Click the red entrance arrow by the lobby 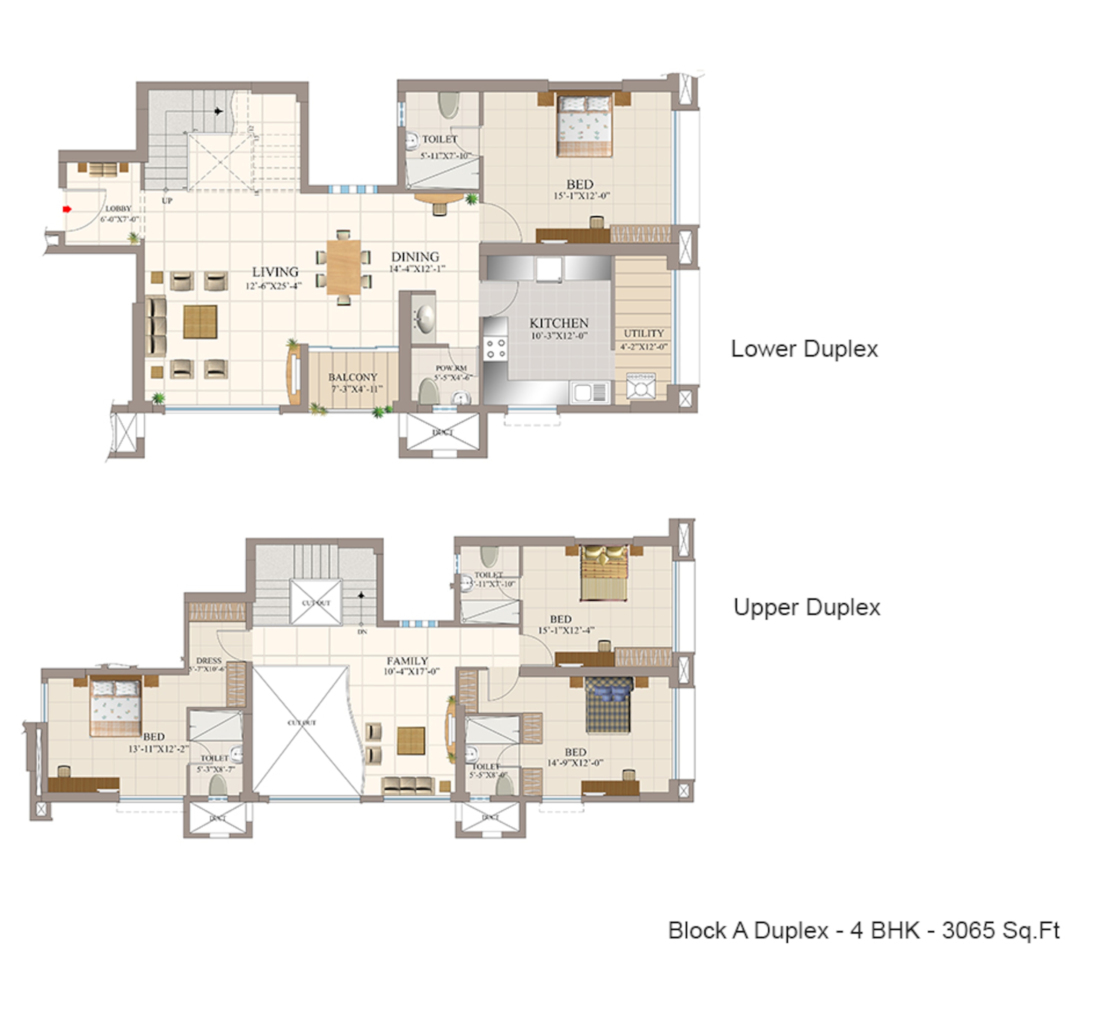(67, 209)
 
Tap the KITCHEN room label (559, 323)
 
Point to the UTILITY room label (643, 333)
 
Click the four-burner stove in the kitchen (496, 348)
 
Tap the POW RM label (451, 369)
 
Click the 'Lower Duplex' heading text (804, 349)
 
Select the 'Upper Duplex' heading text (806, 607)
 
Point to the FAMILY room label (407, 661)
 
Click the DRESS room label (209, 661)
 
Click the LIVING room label (275, 272)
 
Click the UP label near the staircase (167, 201)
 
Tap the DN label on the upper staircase (362, 632)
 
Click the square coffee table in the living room (200, 322)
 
